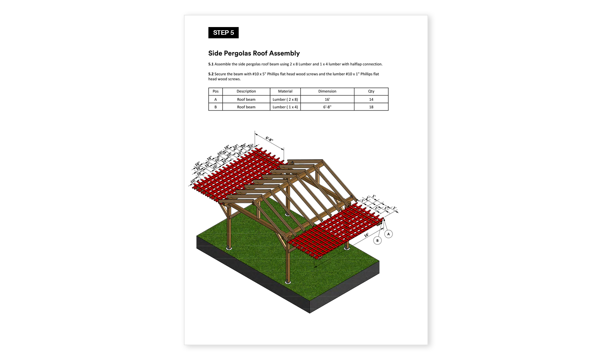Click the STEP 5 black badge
coord(223,33)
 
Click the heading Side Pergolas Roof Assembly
coord(254,53)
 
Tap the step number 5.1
coord(211,64)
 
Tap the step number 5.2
coord(211,74)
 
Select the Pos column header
coord(215,91)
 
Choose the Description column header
coord(246,91)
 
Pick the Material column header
coord(285,91)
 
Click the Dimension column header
coord(327,91)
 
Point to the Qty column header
coord(371,91)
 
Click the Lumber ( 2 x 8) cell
coord(285,99)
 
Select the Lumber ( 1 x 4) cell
coord(285,107)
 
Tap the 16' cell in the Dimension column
coord(327,99)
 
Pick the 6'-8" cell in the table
coord(327,107)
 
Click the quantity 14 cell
coord(371,99)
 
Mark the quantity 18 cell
coord(371,107)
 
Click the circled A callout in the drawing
coord(388,234)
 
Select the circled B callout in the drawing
coord(378,241)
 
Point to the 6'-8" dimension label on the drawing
coord(269,139)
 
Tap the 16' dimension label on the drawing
coord(366,235)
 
